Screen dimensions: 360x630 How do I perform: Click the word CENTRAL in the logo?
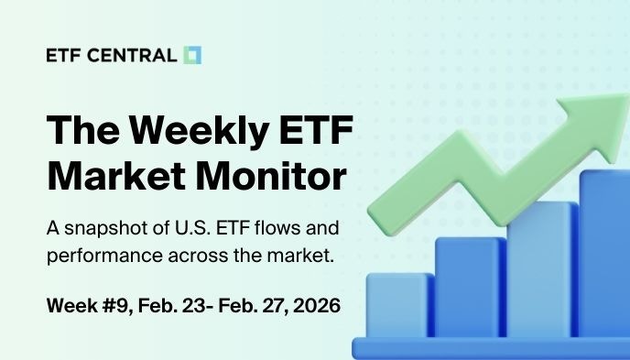click(x=135, y=56)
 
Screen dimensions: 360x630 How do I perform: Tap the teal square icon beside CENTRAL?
click(x=192, y=55)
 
